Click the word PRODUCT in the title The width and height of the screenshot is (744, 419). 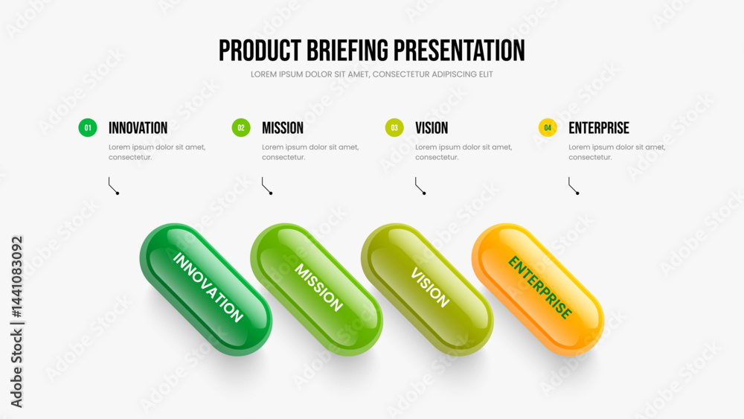tap(260, 51)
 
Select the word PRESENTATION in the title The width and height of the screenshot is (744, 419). tap(459, 51)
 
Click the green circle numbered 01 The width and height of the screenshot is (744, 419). tap(88, 128)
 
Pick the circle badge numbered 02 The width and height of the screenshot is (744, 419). tap(241, 128)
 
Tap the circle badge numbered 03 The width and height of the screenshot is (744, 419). tap(394, 128)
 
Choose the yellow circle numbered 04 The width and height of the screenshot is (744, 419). tap(548, 128)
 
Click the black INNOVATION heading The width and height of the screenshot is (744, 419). tap(138, 128)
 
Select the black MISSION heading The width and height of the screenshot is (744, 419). tap(283, 128)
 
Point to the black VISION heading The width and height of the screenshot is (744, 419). tap(432, 128)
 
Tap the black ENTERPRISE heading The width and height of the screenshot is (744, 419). tap(599, 128)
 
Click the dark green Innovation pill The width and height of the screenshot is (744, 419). tap(206, 290)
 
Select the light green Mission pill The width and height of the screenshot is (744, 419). tap(316, 290)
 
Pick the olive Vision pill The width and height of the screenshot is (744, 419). tap(427, 290)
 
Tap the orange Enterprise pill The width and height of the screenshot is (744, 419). tap(538, 290)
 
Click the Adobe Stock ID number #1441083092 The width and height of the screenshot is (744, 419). tap(16, 277)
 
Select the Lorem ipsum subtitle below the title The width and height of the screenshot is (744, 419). tap(371, 74)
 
